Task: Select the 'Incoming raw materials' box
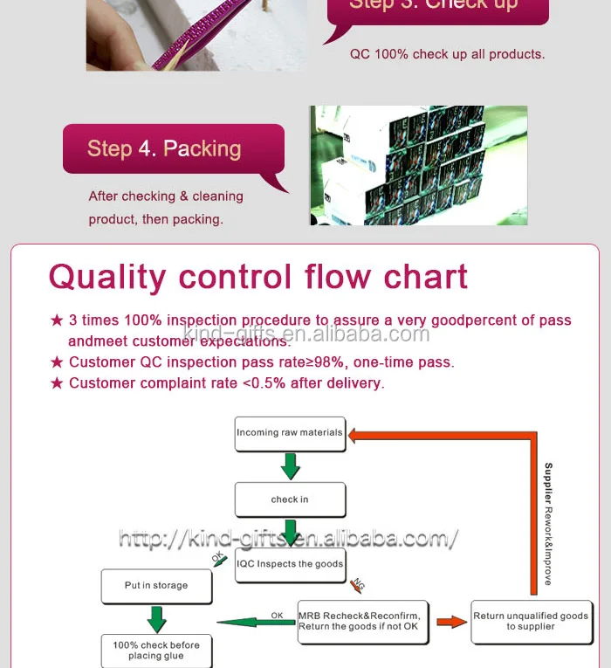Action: coord(289,433)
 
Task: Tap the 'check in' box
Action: coord(290,499)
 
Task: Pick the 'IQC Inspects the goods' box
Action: coord(290,564)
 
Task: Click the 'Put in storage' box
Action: coord(156,586)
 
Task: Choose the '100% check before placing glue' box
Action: coord(156,651)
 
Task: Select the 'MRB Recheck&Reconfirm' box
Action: coord(363,621)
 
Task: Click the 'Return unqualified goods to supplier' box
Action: coord(531,621)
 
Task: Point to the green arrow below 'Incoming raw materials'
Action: coord(290,466)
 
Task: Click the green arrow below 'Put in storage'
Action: coord(157,619)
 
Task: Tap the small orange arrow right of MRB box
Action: coord(451,622)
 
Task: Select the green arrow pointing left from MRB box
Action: coord(253,623)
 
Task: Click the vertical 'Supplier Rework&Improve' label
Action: coord(548,524)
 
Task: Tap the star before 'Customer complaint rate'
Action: coord(57,383)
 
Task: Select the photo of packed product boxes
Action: coord(418,166)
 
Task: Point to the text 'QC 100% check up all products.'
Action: coord(447,54)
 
